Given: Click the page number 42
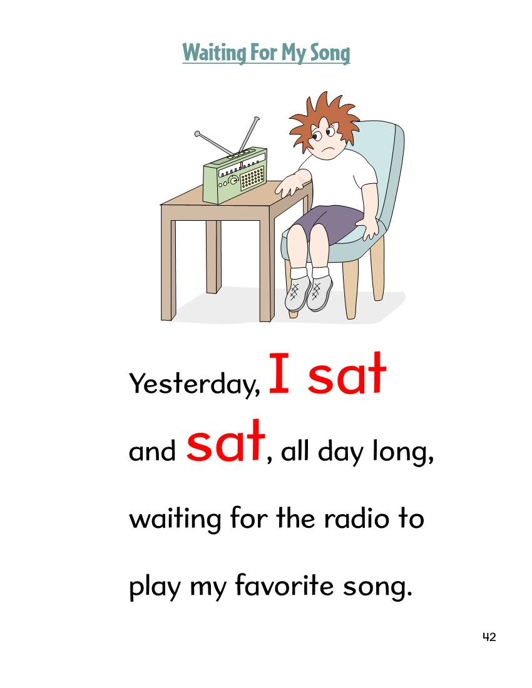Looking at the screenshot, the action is click(489, 637).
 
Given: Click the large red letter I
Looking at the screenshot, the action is click(279, 373).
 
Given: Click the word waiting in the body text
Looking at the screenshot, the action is click(175, 520).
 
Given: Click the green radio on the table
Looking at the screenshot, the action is click(235, 176).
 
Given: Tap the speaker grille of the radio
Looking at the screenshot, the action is click(252, 178).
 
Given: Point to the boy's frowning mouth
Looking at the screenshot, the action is click(326, 148).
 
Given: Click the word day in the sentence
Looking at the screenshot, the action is click(340, 452).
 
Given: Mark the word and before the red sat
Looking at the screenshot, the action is click(152, 450).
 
